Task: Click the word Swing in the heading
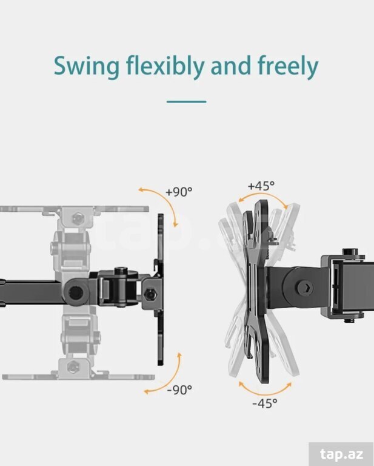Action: click(x=87, y=66)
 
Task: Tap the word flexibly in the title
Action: click(x=165, y=66)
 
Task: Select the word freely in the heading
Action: click(x=288, y=66)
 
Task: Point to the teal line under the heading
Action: click(x=187, y=102)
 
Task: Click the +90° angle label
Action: click(x=179, y=192)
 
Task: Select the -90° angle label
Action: click(x=179, y=390)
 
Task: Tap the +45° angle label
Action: click(x=261, y=186)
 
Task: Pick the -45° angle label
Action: click(x=265, y=404)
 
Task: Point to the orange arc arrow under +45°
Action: click(x=263, y=194)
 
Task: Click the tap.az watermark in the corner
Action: click(x=342, y=454)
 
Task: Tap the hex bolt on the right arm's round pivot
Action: click(x=304, y=288)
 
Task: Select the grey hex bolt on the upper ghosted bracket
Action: click(x=78, y=218)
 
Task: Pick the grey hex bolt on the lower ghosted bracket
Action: click(x=73, y=366)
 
